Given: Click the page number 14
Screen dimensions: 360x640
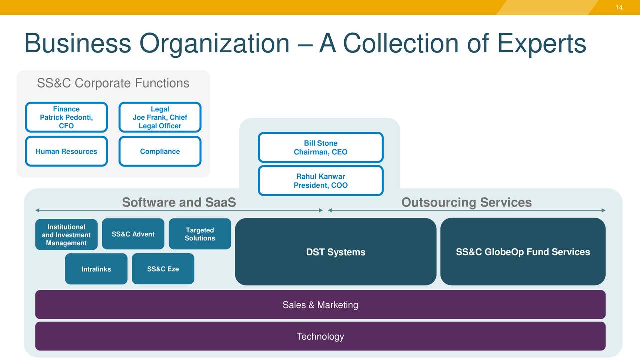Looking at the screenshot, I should pyautogui.click(x=619, y=7).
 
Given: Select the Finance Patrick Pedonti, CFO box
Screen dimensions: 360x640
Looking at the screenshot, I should pyautogui.click(x=66, y=117).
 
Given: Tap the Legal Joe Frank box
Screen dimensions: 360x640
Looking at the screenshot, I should pyautogui.click(x=160, y=117).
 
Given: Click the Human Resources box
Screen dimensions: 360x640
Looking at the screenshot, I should pyautogui.click(x=66, y=151).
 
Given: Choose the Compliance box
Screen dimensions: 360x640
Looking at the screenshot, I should pyautogui.click(x=160, y=151).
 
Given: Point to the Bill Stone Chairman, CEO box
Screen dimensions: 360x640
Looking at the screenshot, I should pyautogui.click(x=320, y=147).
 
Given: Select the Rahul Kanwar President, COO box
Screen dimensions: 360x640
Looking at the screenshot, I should pyautogui.click(x=320, y=181).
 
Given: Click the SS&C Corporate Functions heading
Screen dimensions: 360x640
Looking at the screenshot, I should pyautogui.click(x=113, y=83).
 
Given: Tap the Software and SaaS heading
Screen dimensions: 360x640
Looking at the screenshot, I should pyautogui.click(x=179, y=202).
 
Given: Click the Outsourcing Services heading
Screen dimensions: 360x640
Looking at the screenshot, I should pyautogui.click(x=466, y=202).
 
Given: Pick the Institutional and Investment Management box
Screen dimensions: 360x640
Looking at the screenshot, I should pyautogui.click(x=66, y=235).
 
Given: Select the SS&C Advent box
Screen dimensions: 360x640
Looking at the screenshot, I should pyautogui.click(x=133, y=234).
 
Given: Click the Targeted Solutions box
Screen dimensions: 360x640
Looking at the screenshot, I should pyautogui.click(x=200, y=234).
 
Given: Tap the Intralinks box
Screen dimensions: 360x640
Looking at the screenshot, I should pyautogui.click(x=96, y=269).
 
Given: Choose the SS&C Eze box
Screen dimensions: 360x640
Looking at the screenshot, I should pyautogui.click(x=163, y=269).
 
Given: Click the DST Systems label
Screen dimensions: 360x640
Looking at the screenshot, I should pyautogui.click(x=335, y=252).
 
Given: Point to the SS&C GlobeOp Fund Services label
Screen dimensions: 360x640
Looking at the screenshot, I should pyautogui.click(x=523, y=252).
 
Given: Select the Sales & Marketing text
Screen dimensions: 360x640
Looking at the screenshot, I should pyautogui.click(x=320, y=305).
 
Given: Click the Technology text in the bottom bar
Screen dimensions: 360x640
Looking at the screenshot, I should pyautogui.click(x=320, y=336).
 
